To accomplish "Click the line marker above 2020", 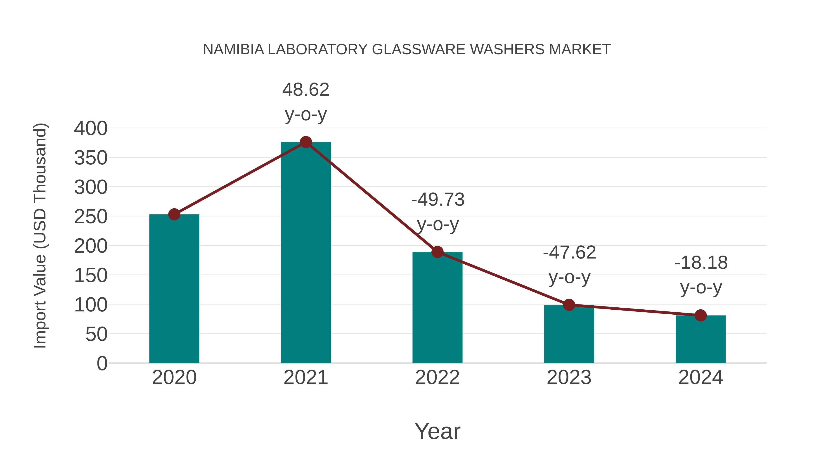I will point(174,214).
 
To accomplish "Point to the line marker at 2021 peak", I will point(305,142).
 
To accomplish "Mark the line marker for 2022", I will point(437,252).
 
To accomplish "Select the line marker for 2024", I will point(700,315).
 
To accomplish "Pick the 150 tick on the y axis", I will point(91,275).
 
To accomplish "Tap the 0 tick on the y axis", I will point(102,363).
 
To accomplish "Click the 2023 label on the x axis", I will point(569,377).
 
